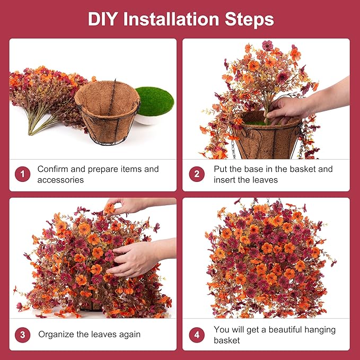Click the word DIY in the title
[x=103, y=19]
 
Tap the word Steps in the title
[x=249, y=20]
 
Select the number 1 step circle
[x=22, y=174]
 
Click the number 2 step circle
[x=197, y=174]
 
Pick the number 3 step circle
[x=22, y=335]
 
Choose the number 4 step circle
[x=197, y=335]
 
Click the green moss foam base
[x=154, y=101]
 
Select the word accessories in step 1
[x=60, y=180]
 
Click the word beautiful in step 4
[x=285, y=330]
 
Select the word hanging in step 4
[x=320, y=330]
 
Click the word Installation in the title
[x=171, y=19]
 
